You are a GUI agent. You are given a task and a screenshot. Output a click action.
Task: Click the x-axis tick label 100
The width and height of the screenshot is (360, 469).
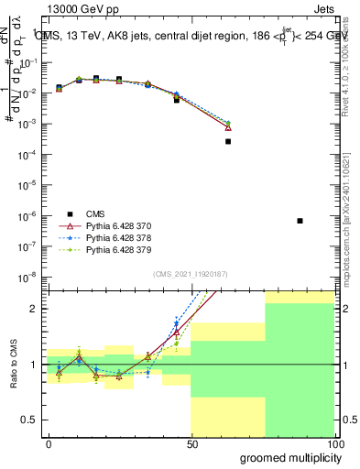pos(336,443)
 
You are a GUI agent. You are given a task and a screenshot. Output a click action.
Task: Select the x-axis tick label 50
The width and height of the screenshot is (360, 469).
pos(192,443)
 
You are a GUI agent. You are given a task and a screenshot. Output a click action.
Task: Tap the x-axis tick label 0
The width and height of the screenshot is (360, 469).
pos(49,443)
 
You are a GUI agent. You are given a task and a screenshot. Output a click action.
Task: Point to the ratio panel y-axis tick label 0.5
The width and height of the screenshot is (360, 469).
pos(29,420)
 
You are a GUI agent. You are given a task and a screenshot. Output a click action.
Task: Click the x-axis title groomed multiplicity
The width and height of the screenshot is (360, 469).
pos(287,457)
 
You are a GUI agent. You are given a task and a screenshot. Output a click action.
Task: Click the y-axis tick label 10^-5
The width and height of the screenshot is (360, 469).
pos(29,184)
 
